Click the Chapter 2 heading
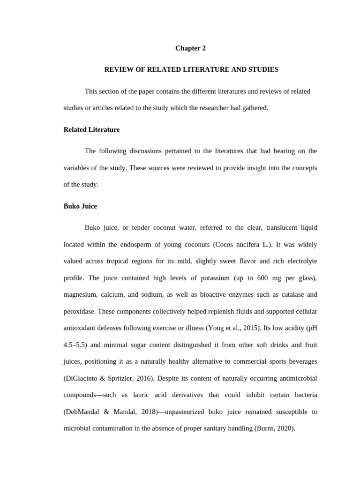click(x=190, y=48)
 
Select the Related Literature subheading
click(x=91, y=129)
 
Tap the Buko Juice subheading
click(x=80, y=206)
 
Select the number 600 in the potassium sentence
click(x=262, y=278)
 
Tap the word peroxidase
click(x=79, y=311)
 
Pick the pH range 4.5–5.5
click(x=75, y=345)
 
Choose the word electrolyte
click(x=300, y=261)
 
